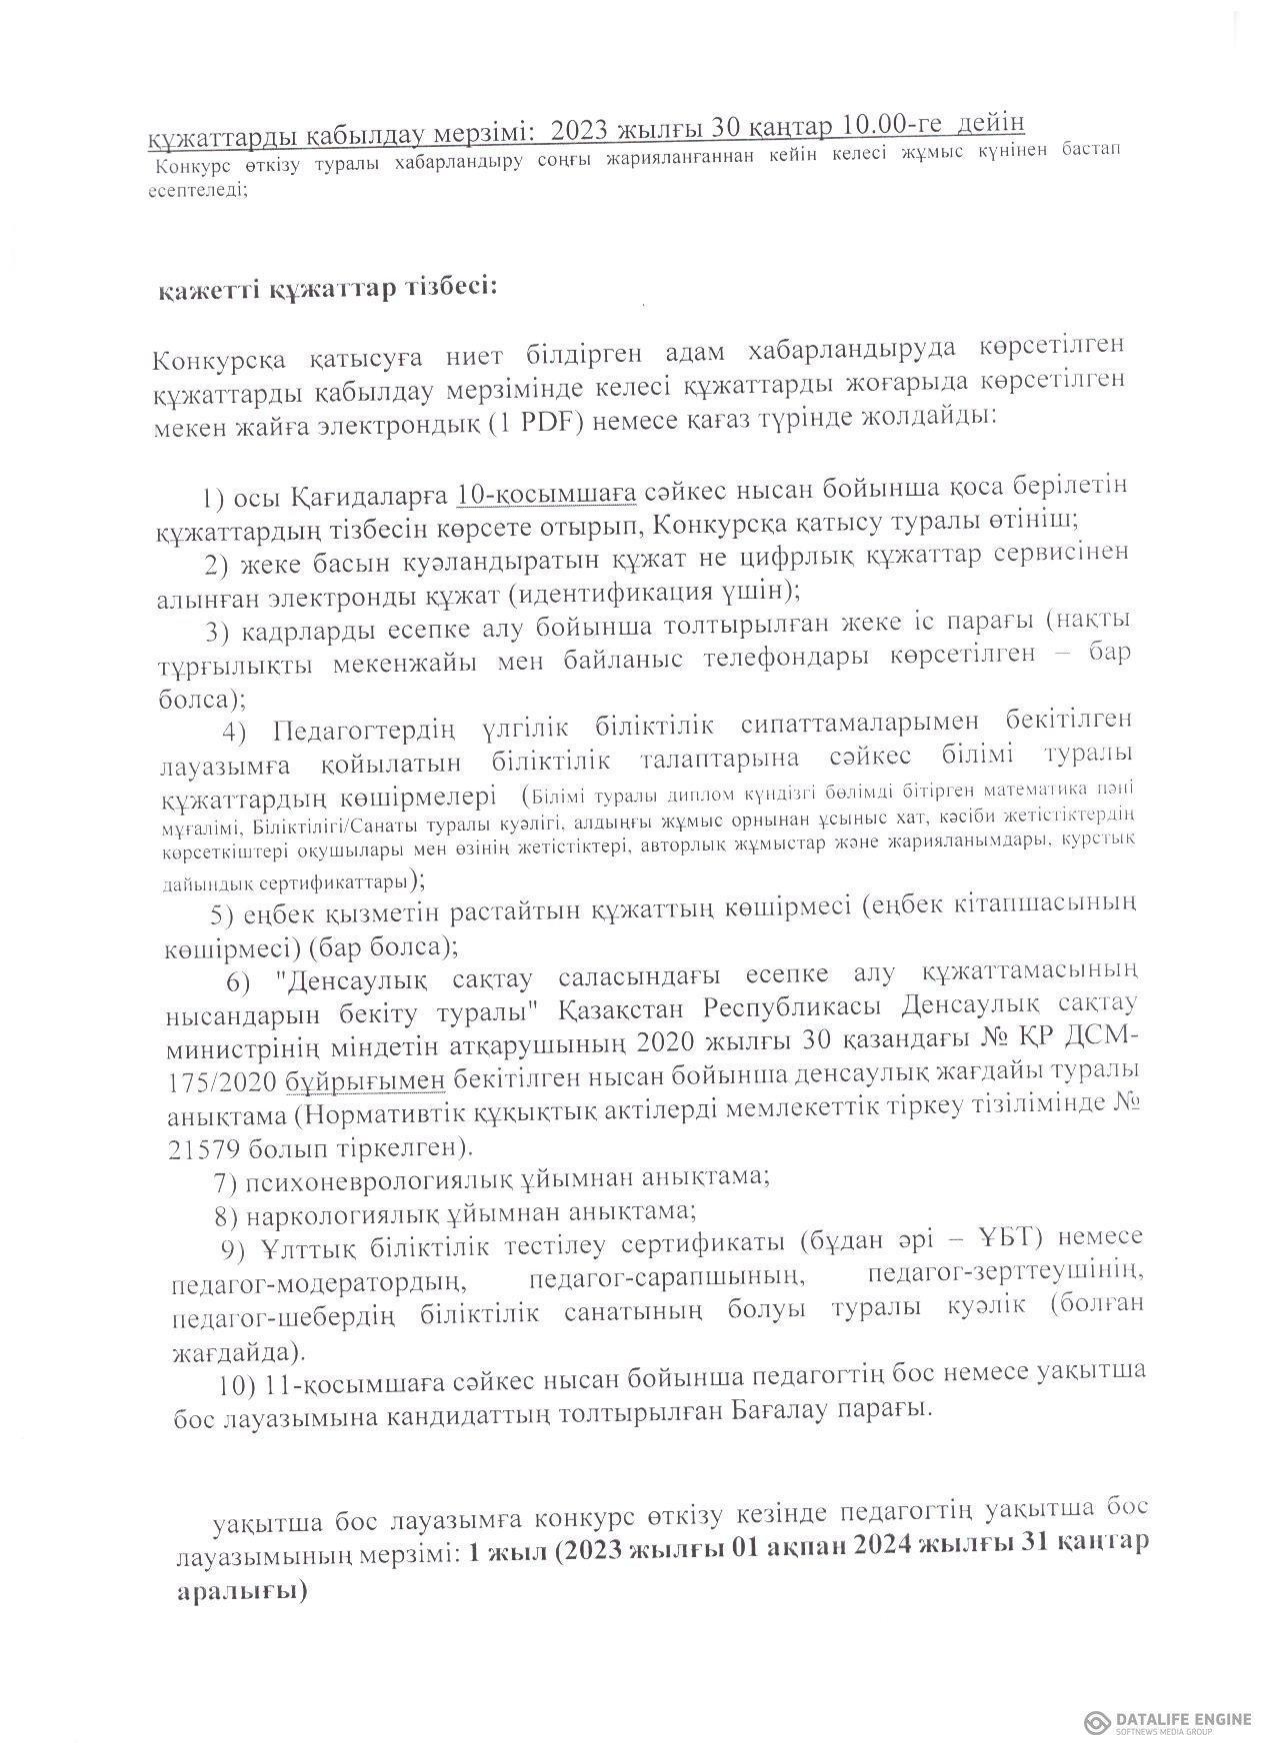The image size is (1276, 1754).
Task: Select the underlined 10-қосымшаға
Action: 546,493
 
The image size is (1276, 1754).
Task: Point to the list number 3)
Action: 218,631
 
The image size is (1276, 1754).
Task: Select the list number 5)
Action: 222,913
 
